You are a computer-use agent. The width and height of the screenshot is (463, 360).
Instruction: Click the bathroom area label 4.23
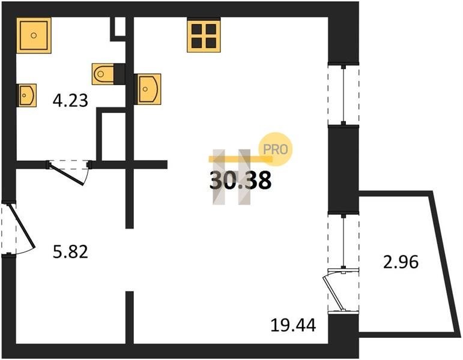(70, 100)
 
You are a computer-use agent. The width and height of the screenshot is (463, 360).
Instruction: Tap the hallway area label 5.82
(70, 252)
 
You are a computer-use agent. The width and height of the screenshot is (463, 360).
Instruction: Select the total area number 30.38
(240, 181)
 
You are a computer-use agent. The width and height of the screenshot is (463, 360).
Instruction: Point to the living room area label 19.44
(293, 326)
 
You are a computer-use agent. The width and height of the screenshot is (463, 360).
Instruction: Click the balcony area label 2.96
(401, 262)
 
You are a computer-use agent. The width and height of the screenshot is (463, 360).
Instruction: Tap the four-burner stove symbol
(204, 36)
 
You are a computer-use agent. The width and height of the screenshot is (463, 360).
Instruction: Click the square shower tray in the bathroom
(34, 35)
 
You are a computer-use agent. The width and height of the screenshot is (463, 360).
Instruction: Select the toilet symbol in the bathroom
(103, 74)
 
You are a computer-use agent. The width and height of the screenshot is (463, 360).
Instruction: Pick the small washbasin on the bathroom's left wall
(27, 95)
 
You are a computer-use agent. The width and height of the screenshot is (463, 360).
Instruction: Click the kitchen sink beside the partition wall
(148, 89)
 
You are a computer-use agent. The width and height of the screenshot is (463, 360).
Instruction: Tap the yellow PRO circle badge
(276, 149)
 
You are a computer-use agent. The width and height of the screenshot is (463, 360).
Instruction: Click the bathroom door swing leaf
(67, 174)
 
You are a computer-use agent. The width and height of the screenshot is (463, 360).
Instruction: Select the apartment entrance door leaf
(22, 226)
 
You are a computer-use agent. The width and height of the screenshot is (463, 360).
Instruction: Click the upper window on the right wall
(343, 95)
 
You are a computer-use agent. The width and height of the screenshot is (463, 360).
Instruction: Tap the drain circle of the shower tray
(34, 35)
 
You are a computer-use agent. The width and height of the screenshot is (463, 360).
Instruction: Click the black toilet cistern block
(120, 74)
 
